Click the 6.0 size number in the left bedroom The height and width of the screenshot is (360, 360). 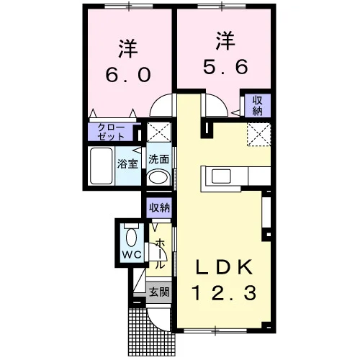128,74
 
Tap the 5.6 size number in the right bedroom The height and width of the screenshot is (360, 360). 225,67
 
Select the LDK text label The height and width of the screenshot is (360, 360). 225,267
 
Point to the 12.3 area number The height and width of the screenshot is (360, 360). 224,293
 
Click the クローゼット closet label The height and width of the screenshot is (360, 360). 112,132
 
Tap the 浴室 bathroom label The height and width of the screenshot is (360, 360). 127,163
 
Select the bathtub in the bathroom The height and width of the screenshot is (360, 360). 101,166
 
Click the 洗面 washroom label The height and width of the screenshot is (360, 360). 158,159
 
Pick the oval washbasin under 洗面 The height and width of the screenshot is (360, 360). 158,178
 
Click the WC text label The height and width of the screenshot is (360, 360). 132,254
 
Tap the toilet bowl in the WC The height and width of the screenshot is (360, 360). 131,237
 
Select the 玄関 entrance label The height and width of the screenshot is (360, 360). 159,292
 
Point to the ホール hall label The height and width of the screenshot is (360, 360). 161,255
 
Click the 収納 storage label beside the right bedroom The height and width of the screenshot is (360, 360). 257,106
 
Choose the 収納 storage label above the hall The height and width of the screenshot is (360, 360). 159,207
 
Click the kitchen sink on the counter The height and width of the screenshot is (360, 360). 221,176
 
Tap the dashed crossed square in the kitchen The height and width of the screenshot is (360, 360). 259,135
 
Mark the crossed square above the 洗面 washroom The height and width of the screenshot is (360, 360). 159,132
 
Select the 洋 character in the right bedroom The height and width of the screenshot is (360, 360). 225,40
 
